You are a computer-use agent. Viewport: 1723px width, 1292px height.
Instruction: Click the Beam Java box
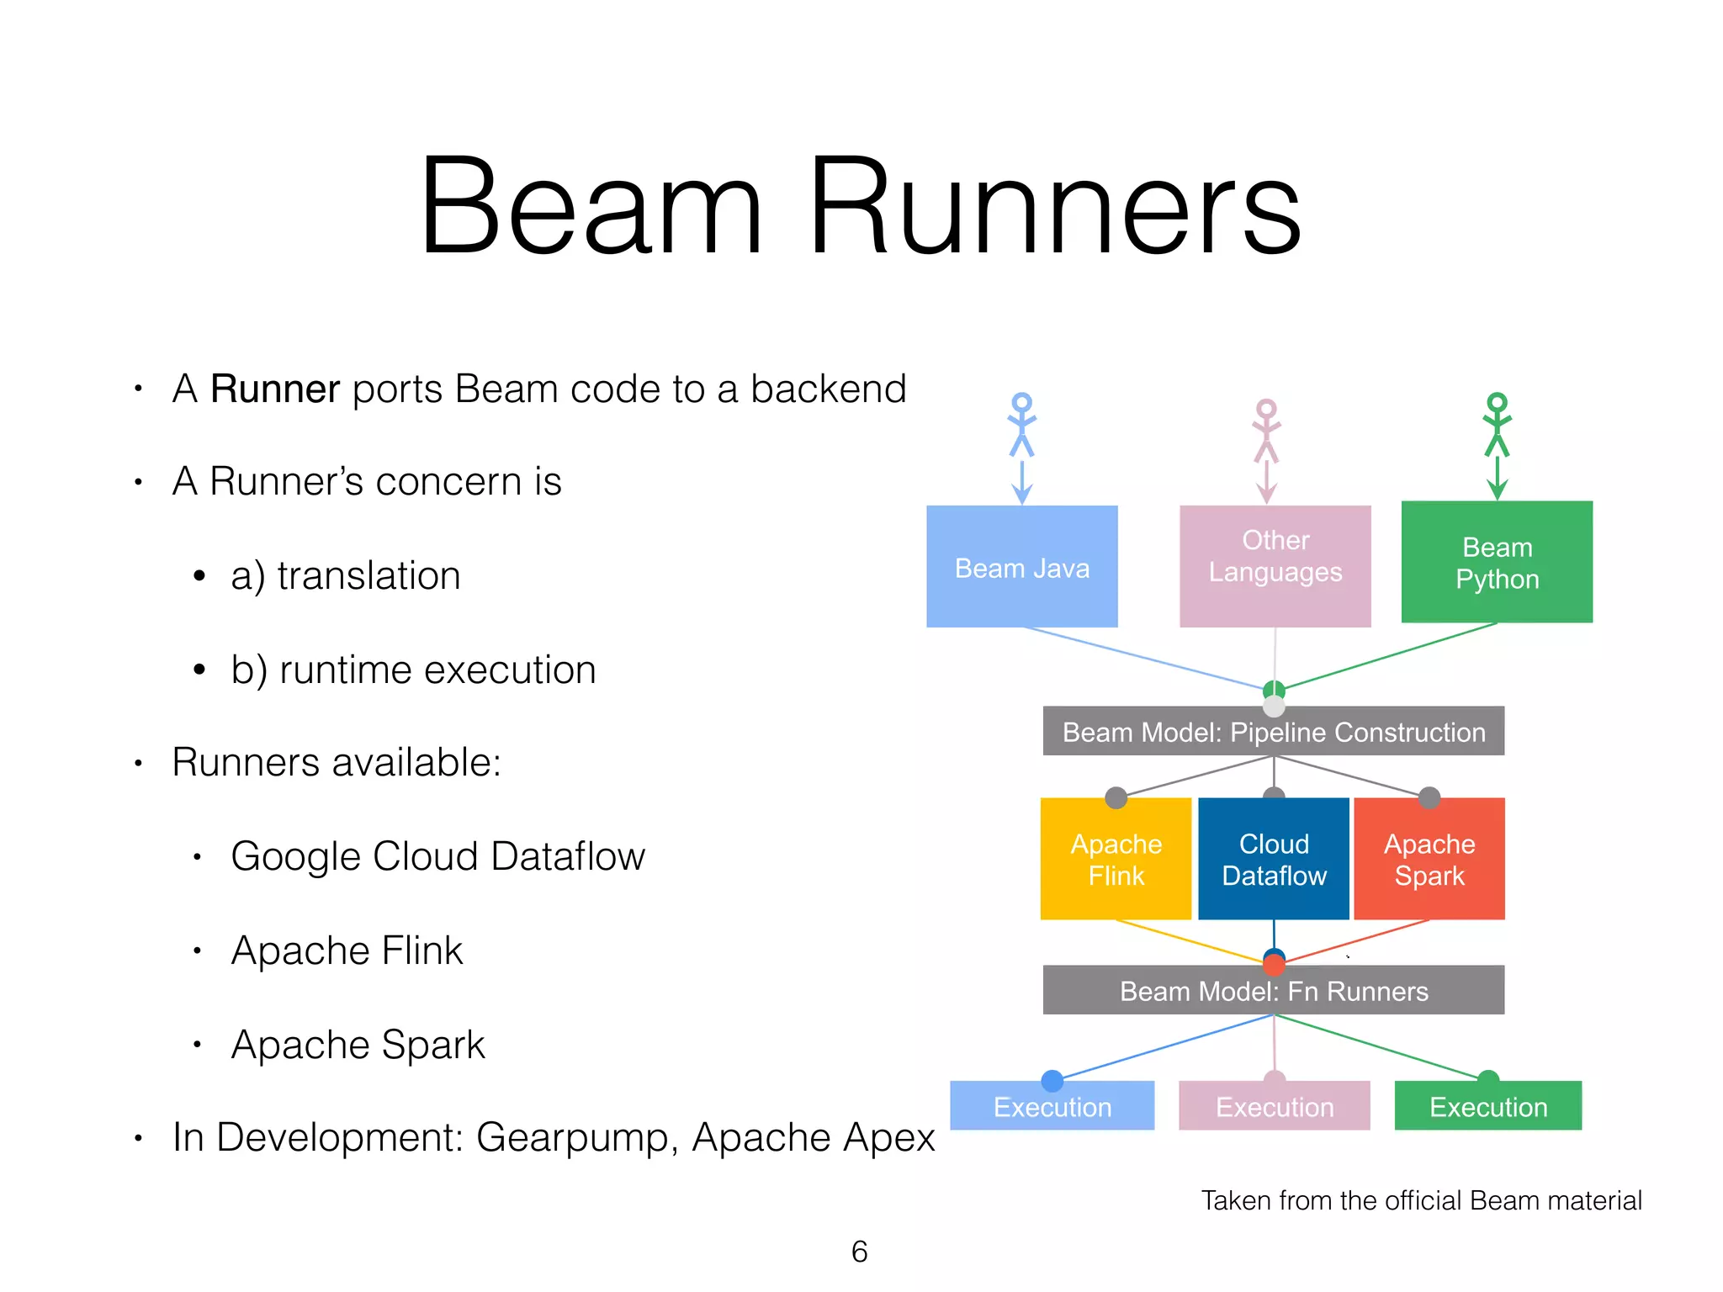coord(1021,566)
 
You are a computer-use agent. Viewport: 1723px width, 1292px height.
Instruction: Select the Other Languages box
coord(1275,566)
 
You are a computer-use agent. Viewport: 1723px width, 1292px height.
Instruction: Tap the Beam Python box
coord(1497,562)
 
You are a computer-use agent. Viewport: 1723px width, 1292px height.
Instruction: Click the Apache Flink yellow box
coord(1116,859)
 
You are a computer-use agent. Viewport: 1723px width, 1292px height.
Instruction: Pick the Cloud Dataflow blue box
coord(1274,859)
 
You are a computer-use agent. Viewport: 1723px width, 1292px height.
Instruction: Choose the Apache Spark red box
coord(1429,859)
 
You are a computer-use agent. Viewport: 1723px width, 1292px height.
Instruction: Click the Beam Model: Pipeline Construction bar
coord(1273,732)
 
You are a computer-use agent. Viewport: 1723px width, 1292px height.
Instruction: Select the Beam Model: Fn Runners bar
coord(1273,990)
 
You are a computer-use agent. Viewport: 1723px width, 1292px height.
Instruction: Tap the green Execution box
coord(1487,1106)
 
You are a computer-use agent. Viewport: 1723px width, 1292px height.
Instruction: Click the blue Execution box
coord(1052,1106)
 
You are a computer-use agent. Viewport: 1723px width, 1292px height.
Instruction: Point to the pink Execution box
coord(1274,1106)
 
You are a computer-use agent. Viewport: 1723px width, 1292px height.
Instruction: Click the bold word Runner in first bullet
coord(274,389)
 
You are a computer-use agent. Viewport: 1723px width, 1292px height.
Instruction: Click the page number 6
coord(859,1252)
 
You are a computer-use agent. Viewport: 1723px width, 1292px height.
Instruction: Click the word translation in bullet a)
coord(368,576)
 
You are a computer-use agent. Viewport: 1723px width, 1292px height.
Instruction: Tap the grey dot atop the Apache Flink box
coord(1116,797)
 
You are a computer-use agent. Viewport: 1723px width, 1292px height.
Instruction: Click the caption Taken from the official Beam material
coord(1421,1200)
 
